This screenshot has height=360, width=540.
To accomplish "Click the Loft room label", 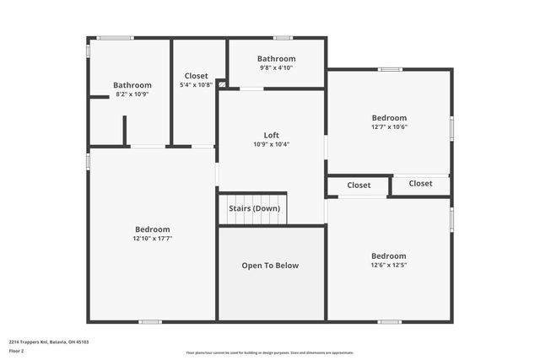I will pos(271,135).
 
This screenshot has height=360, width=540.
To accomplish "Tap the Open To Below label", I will pos(270,266).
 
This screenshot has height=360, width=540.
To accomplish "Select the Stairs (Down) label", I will pos(254,208).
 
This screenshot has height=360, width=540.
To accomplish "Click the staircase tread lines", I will pos(254,218).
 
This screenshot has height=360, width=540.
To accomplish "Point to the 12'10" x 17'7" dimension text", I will pos(152,239).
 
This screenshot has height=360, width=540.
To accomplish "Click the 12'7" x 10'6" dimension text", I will pos(389,127).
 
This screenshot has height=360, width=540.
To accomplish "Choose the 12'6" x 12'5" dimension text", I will pos(388,266).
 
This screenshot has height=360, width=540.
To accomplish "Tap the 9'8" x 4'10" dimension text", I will pos(276,68).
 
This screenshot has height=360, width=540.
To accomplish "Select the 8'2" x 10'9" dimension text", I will pos(132,94).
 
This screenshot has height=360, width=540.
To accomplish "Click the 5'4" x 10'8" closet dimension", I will pos(196,85).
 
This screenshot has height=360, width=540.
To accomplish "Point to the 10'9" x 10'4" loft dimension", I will pos(271,144).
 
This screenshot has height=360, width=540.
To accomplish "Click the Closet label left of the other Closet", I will pos(359,185).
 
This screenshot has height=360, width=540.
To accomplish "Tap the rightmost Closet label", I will pos(420,184).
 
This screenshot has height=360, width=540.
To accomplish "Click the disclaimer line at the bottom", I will pos(270,353).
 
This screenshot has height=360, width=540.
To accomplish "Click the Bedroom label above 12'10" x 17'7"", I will pos(152,229).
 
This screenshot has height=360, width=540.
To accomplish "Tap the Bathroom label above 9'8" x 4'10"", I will pos(276,59).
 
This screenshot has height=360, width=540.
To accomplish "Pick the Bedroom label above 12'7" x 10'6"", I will pos(389,118).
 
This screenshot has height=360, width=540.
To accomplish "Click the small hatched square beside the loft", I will pos(221,83).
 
